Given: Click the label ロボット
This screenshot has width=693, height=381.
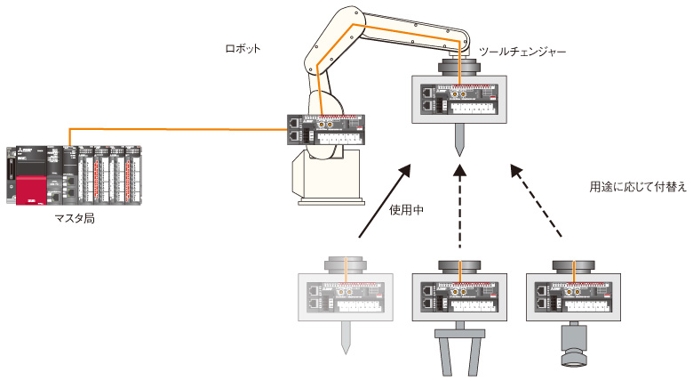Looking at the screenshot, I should (243, 48).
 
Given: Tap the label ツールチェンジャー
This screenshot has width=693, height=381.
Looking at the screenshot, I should (522, 53).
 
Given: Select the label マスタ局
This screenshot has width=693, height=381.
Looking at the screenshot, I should (75, 217).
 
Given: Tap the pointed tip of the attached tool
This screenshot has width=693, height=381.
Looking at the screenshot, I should (459, 142).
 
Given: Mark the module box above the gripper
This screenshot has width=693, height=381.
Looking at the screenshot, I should (459, 294).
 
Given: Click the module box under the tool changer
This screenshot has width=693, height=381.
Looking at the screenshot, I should (459, 99).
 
